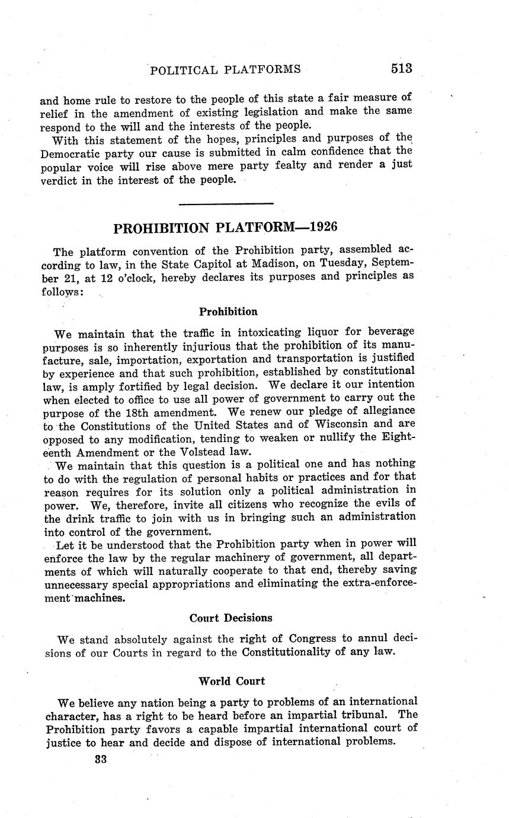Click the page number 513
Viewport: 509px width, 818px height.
click(401, 69)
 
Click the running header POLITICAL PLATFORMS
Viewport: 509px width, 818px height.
click(225, 70)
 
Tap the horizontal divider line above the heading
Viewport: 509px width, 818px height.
click(226, 204)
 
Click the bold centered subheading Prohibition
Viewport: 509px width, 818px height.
click(228, 311)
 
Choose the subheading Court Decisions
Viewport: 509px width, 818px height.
click(231, 618)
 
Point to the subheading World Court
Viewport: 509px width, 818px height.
click(232, 680)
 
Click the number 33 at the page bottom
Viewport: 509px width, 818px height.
click(101, 759)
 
